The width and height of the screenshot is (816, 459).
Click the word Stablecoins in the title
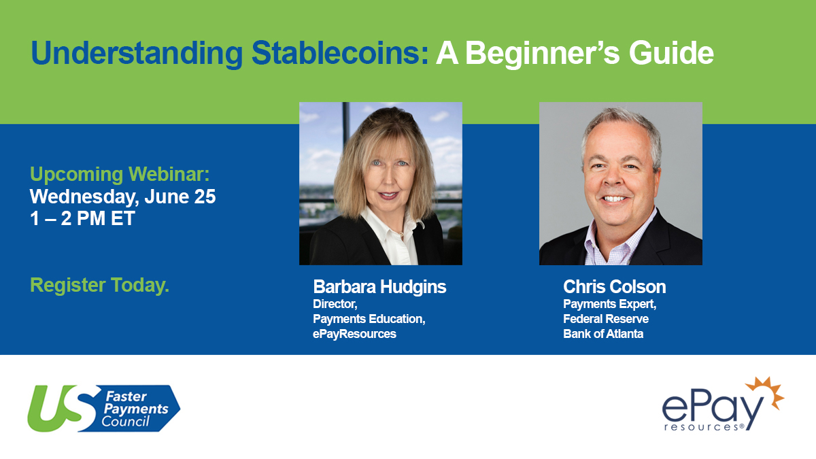point(339,53)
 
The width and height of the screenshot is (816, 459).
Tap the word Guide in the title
point(671,53)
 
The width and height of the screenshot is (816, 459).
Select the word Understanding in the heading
point(137,54)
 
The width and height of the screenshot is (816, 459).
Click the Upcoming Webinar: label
point(120,175)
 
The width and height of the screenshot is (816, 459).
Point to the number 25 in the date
point(205,197)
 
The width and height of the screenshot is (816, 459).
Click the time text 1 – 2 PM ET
point(82,218)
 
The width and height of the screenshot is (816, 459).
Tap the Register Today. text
point(99,285)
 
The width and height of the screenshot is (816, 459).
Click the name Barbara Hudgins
point(379,287)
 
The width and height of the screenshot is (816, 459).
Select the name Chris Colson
point(615,287)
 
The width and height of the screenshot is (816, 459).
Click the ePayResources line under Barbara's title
point(354,334)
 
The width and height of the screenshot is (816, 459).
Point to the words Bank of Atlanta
point(603,334)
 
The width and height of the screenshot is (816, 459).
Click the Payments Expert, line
point(610,304)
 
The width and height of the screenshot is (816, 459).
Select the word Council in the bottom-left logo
point(126,422)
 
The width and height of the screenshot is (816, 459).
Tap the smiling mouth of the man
point(614,199)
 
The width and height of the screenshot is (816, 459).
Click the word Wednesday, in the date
point(84,197)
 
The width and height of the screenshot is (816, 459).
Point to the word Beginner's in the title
point(542,54)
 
